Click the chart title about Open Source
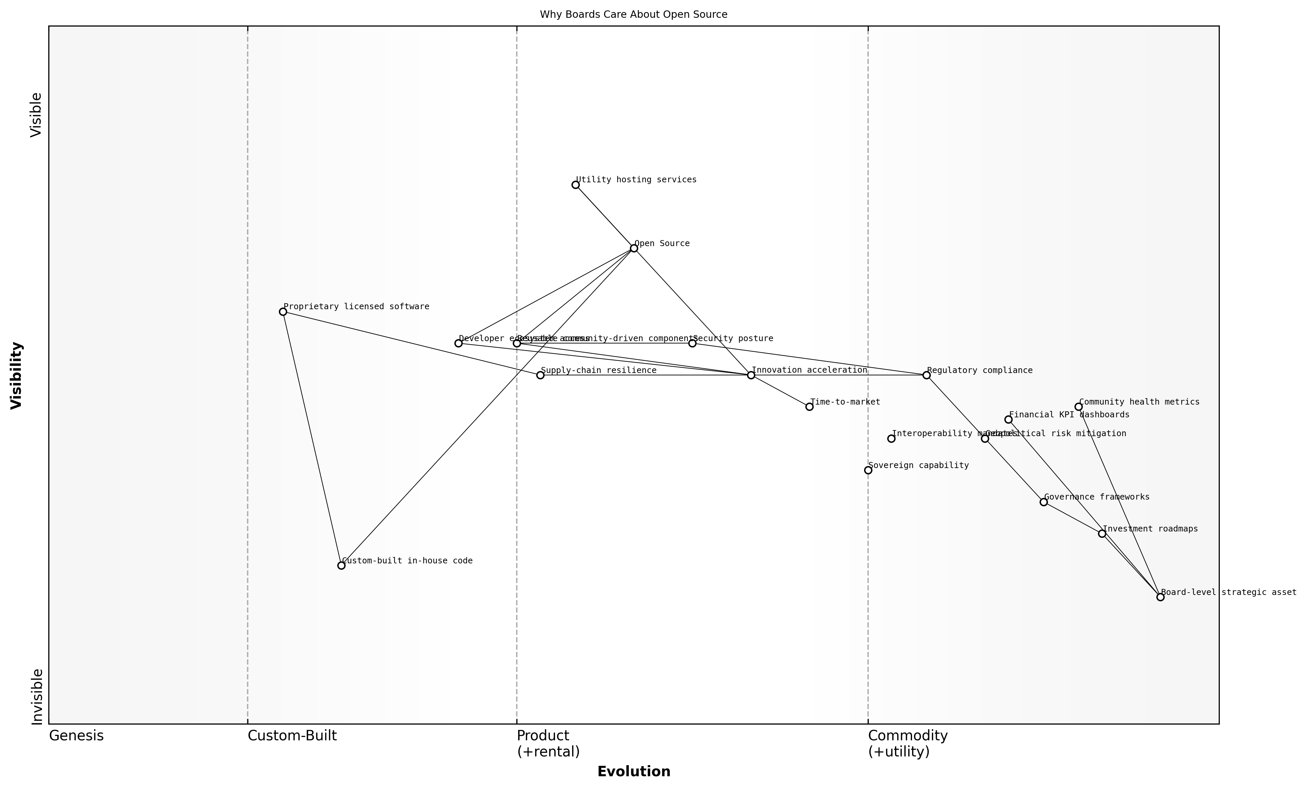(x=633, y=15)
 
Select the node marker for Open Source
(x=634, y=248)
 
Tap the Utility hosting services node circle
(x=575, y=185)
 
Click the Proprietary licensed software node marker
(x=283, y=312)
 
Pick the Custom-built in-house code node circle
(x=341, y=566)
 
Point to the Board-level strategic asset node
(x=1161, y=597)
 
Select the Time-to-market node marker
(x=809, y=407)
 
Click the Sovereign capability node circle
(x=868, y=470)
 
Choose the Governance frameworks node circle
(x=1043, y=502)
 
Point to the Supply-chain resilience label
(x=598, y=370)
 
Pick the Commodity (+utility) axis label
(x=908, y=743)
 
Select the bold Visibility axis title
(x=16, y=375)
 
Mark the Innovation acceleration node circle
(x=751, y=375)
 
